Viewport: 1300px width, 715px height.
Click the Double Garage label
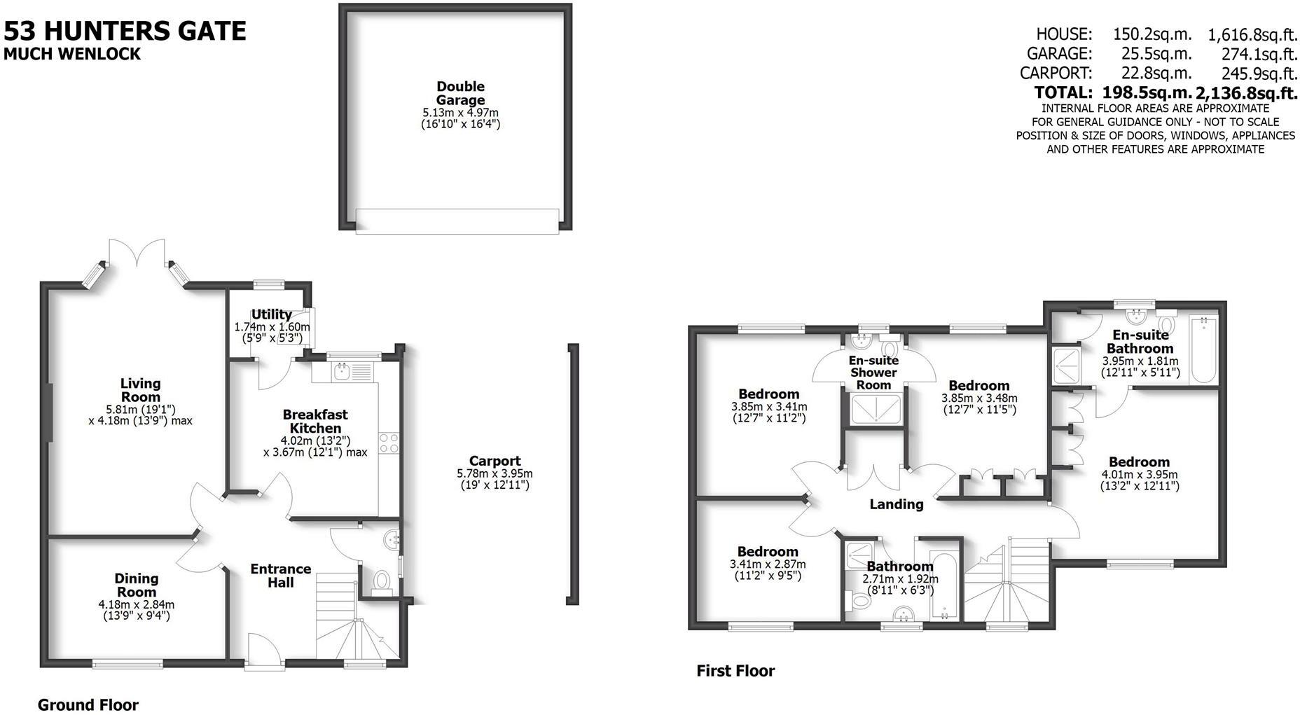(460, 93)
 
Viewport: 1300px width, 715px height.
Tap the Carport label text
(495, 461)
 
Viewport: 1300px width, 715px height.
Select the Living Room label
(140, 390)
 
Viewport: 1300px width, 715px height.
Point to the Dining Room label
(136, 585)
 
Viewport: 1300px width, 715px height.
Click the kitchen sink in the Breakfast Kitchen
(343, 370)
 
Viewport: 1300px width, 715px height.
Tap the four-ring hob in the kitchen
(389, 443)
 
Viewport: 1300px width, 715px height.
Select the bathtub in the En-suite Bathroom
(1203, 348)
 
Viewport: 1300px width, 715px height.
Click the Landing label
(896, 504)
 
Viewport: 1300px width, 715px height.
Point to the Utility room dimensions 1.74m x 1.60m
(271, 327)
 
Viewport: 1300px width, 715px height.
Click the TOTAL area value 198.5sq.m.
(1147, 92)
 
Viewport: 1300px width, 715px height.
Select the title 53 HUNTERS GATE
(125, 31)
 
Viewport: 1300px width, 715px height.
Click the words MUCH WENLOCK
(72, 54)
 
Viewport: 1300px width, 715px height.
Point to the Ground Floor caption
(88, 704)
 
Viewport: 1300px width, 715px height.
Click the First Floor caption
(735, 671)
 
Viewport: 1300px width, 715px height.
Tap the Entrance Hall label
(280, 575)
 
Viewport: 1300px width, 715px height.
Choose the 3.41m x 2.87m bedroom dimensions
(768, 564)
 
